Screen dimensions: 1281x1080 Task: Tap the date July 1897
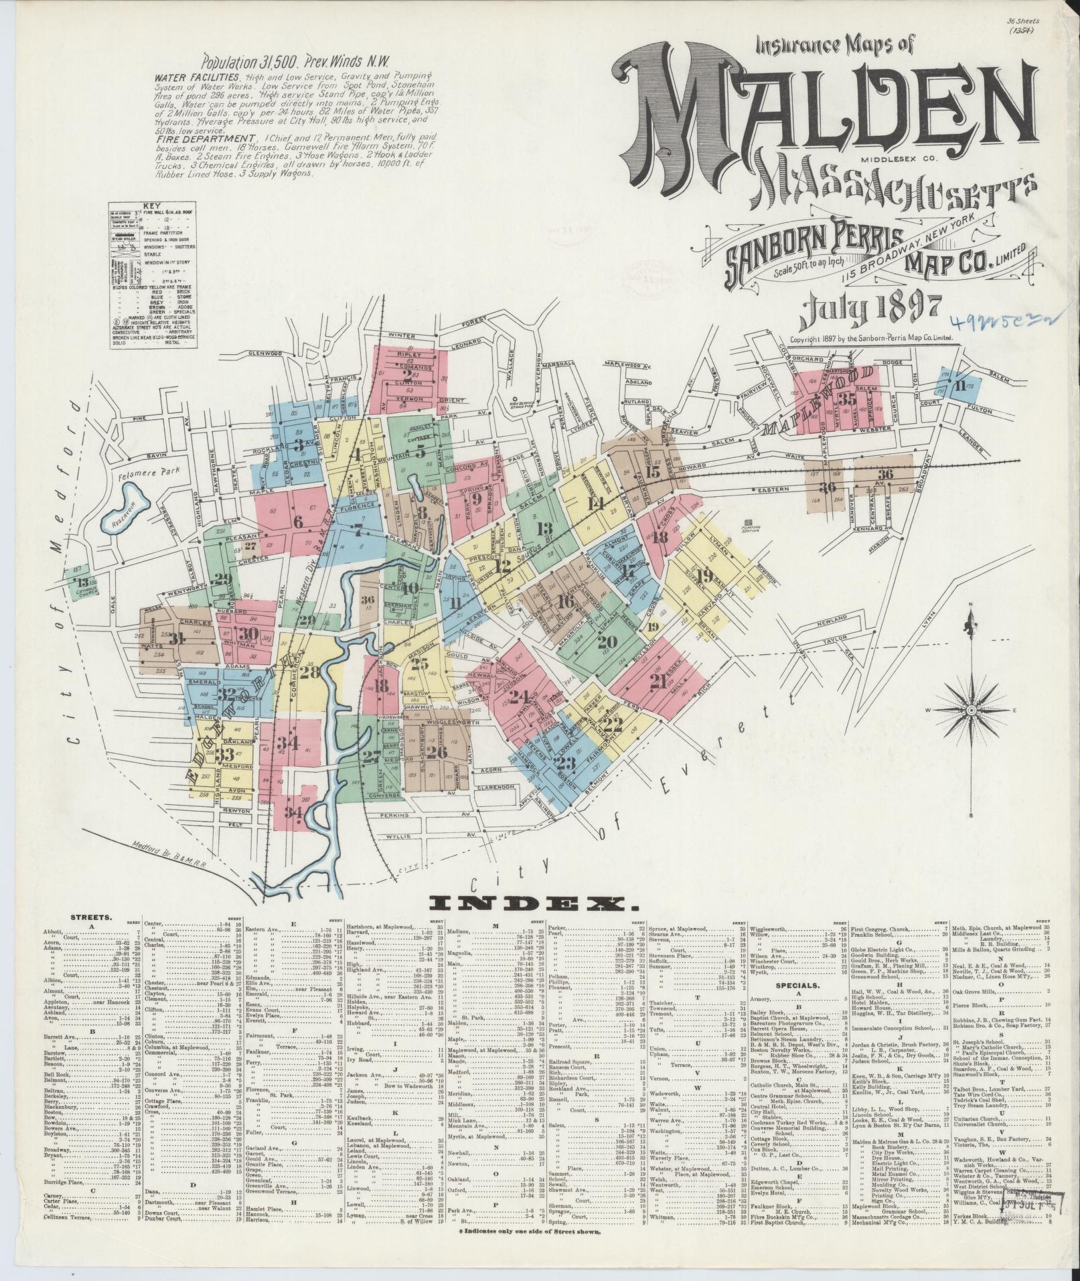870,308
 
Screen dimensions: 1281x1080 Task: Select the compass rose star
970,710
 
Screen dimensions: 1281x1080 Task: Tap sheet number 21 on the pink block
658,682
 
